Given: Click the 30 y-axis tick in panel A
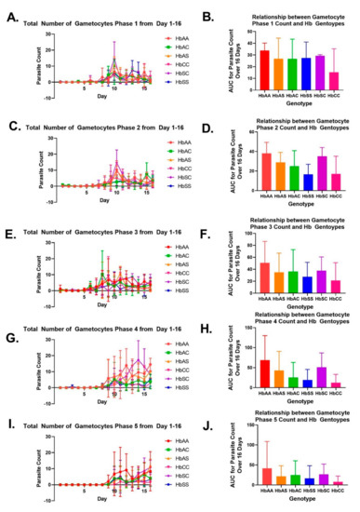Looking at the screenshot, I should point(34,34).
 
